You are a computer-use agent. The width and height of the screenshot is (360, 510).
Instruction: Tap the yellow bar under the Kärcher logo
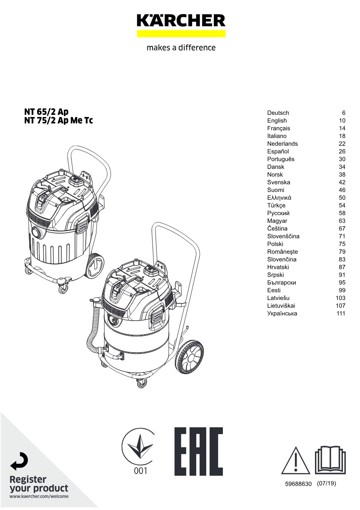click(x=181, y=33)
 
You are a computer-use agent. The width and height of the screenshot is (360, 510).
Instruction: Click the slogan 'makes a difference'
click(x=181, y=48)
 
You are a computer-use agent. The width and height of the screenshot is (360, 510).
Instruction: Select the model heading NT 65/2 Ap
click(x=46, y=111)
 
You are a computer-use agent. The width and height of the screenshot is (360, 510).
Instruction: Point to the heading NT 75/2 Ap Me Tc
click(x=59, y=120)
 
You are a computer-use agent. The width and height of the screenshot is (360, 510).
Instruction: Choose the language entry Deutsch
click(x=278, y=113)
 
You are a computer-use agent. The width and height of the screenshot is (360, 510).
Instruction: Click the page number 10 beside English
click(x=342, y=121)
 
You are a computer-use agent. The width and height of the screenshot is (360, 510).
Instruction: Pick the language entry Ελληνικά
click(x=279, y=198)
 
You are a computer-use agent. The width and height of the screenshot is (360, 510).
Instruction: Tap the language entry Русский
click(x=279, y=213)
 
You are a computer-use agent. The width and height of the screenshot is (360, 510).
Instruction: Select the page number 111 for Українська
click(x=341, y=314)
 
